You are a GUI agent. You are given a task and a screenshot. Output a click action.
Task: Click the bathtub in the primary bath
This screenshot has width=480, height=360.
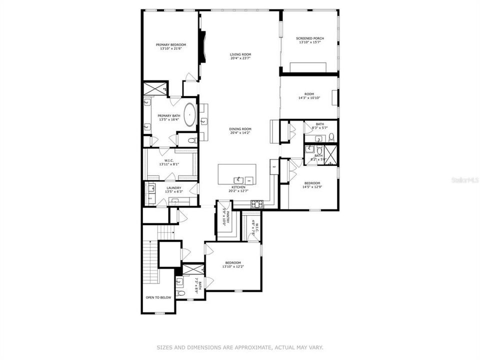tap(190, 115)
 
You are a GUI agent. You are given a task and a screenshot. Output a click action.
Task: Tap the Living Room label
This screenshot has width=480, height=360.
tap(240, 54)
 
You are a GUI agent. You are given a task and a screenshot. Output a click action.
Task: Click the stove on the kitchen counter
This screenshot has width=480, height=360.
tap(256, 203)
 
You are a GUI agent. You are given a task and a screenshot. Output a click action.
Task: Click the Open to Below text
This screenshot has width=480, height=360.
tap(158, 297)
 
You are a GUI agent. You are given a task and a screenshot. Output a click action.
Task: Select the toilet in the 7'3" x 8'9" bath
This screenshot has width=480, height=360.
tap(181, 293)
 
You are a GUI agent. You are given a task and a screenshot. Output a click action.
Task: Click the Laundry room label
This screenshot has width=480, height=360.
tap(174, 187)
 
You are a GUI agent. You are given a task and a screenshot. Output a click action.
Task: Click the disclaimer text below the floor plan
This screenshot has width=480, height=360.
tap(240, 346)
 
